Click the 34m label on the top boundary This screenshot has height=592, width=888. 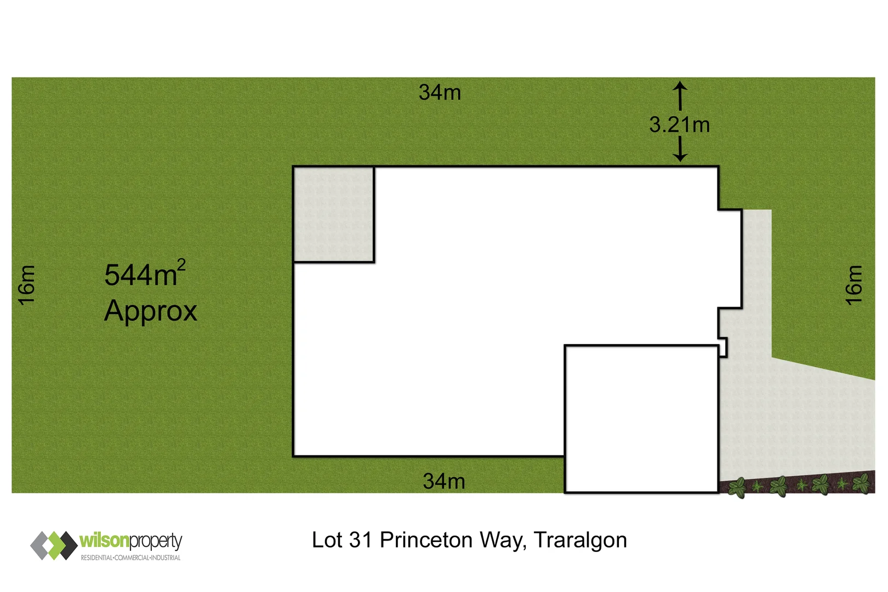(440, 93)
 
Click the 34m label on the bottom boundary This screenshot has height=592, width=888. (444, 481)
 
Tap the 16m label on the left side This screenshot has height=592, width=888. (27, 285)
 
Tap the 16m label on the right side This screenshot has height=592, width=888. (853, 285)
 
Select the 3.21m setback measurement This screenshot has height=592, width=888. (679, 125)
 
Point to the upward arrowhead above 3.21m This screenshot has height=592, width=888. (680, 86)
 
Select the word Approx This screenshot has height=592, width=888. (150, 311)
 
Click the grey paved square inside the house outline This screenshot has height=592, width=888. (334, 214)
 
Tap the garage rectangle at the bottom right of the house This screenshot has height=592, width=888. (641, 419)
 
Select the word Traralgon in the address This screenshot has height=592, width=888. (580, 540)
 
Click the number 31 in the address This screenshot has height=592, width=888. (360, 540)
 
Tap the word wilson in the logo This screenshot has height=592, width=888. (104, 540)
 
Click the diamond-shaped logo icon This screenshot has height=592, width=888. (54, 545)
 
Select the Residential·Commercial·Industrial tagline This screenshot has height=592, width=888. (130, 558)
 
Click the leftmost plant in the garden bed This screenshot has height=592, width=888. (737, 487)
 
